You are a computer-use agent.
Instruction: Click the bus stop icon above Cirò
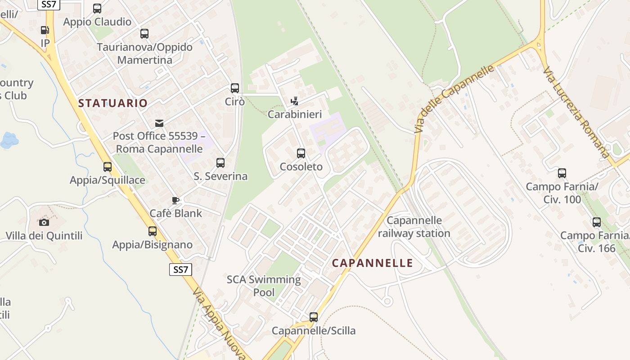(234, 88)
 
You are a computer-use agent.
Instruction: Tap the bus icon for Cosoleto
(301, 153)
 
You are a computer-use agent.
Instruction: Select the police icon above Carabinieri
(295, 101)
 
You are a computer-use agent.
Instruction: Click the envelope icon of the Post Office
(159, 123)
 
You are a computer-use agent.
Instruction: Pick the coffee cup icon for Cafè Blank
(175, 200)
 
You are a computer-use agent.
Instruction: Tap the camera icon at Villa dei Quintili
(44, 222)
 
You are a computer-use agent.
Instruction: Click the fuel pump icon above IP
(45, 30)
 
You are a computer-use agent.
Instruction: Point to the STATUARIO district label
(113, 103)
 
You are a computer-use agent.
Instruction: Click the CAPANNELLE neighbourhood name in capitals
(372, 263)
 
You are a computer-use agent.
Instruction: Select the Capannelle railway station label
(414, 227)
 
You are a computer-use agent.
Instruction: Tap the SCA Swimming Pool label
(264, 286)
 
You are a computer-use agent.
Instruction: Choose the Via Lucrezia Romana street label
(576, 112)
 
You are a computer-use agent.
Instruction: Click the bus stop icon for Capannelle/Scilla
(314, 317)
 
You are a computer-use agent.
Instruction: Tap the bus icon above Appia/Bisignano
(153, 231)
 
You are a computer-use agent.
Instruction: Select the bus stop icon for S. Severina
(220, 163)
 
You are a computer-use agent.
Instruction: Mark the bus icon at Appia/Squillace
(107, 167)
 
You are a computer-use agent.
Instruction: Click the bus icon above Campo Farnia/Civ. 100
(562, 173)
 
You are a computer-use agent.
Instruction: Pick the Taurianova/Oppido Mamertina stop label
(144, 54)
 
